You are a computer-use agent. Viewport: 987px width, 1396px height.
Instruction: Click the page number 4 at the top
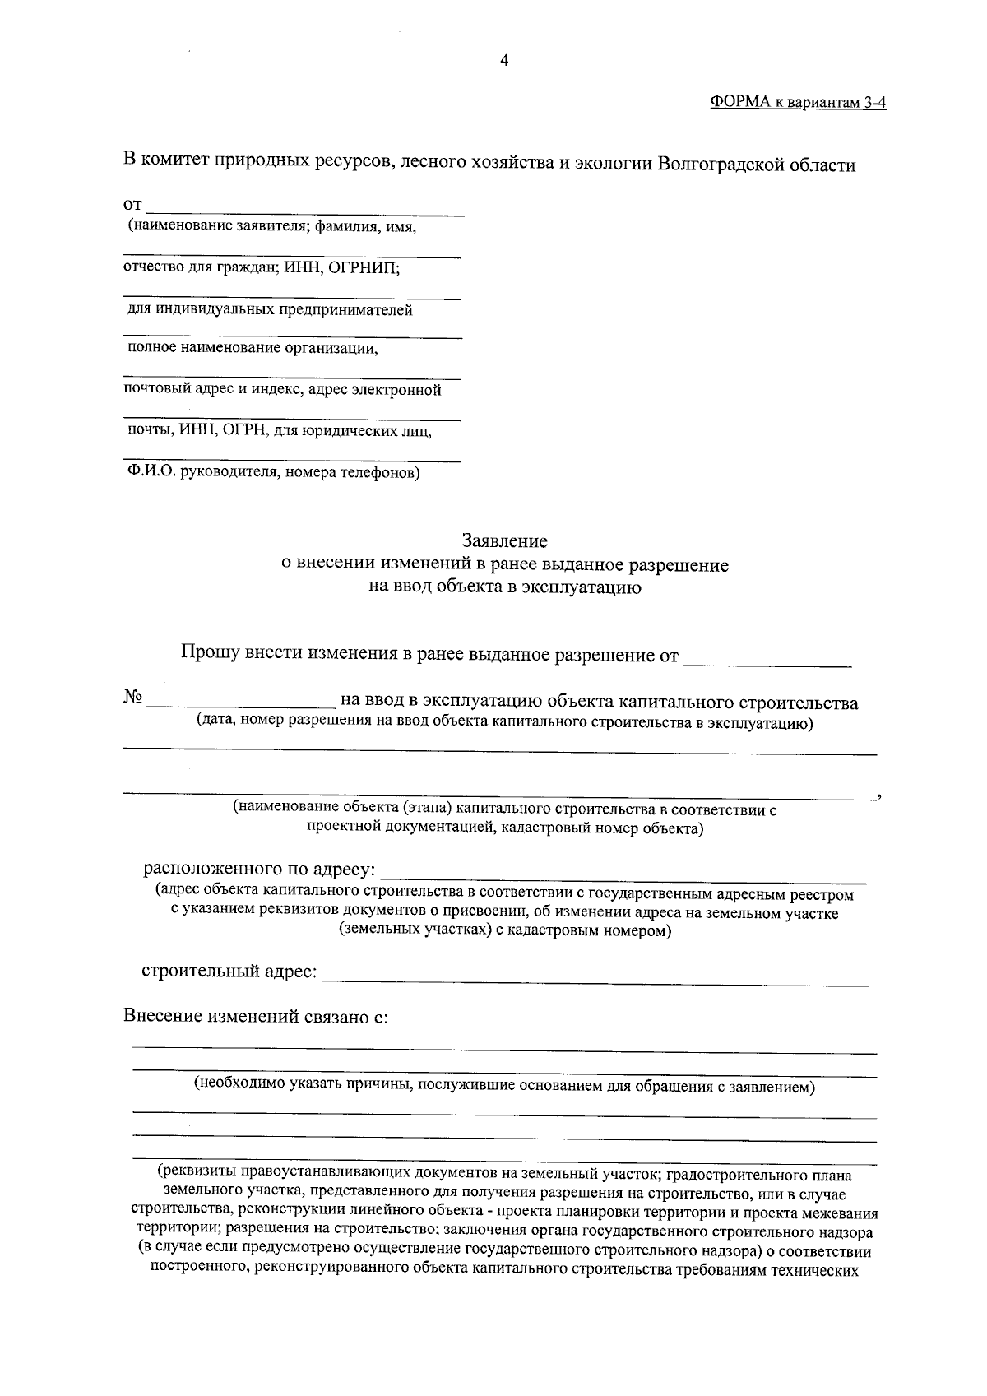coord(505,61)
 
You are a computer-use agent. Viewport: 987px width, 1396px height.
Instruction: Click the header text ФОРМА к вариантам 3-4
coord(797,103)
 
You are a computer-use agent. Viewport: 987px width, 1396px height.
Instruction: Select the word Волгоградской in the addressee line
coord(716,165)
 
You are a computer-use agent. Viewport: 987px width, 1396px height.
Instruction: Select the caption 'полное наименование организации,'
coord(253,348)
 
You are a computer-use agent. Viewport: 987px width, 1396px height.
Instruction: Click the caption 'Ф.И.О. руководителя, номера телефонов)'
coord(273,473)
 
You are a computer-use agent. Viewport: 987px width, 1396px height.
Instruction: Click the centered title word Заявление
coord(504,541)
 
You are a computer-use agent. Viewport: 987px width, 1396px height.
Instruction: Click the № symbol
coord(133,698)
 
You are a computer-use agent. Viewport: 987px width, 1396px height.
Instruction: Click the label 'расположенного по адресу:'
coord(260,870)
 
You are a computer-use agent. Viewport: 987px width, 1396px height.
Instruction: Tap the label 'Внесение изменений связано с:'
coord(256,1016)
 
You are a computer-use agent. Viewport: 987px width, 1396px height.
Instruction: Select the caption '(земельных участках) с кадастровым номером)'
coord(504,931)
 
